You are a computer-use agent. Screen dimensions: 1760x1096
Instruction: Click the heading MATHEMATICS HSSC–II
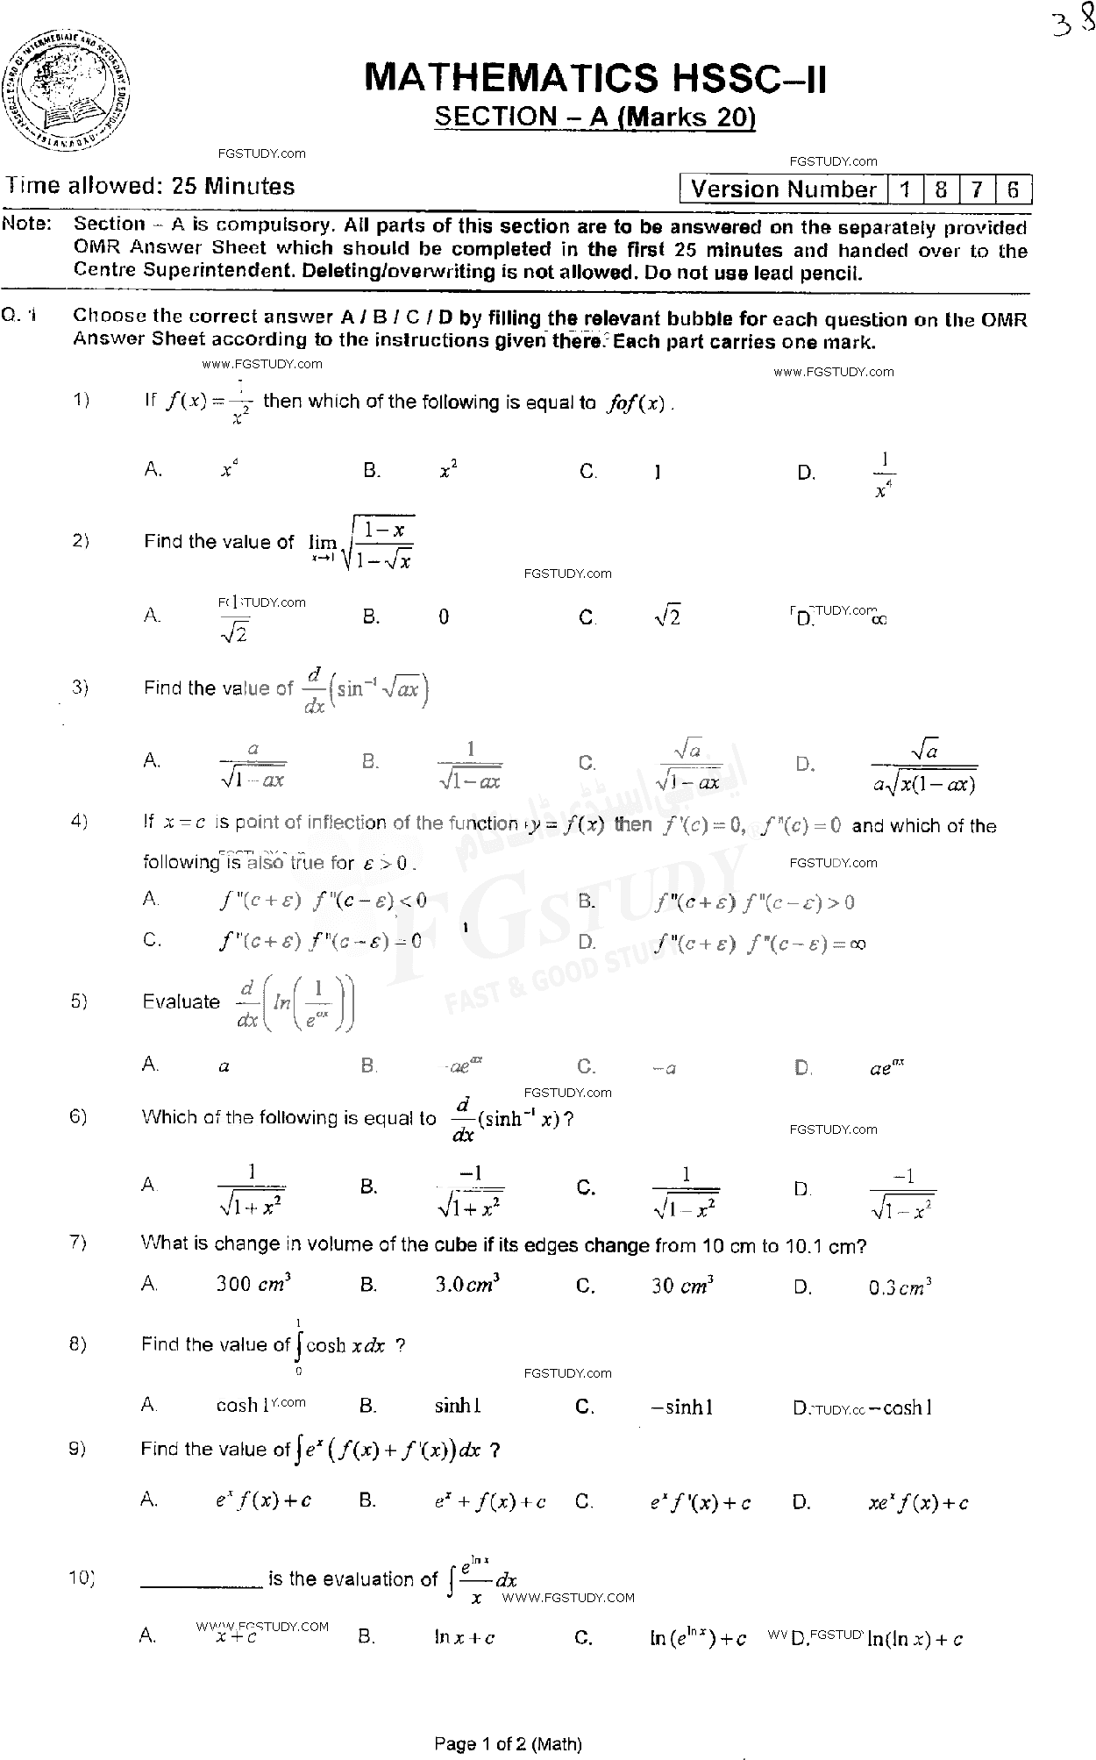coord(594,78)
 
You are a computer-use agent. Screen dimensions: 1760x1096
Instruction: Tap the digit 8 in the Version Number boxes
coord(941,189)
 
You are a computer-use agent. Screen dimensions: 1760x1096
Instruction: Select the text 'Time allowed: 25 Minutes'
coord(150,186)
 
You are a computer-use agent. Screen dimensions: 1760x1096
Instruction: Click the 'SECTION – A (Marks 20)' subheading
coord(594,117)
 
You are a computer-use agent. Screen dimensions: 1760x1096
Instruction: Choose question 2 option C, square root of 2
coord(667,617)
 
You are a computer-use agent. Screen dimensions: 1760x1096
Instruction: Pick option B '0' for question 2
coord(444,617)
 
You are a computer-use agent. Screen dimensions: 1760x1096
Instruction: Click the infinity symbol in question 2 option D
coord(879,619)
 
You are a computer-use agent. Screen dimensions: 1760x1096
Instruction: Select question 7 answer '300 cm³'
coord(253,1285)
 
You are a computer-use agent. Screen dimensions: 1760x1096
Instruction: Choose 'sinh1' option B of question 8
coord(458,1406)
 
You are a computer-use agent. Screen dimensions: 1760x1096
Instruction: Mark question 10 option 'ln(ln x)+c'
coord(915,1638)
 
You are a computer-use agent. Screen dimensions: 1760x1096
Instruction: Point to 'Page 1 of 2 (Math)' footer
coord(508,1743)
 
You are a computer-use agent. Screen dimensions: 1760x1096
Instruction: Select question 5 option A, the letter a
coord(224,1067)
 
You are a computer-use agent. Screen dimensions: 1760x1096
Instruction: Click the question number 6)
coord(79,1116)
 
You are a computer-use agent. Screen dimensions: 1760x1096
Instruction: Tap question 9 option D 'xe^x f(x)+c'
coord(918,1503)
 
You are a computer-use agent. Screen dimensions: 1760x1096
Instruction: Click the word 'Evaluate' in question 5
coord(181,1001)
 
